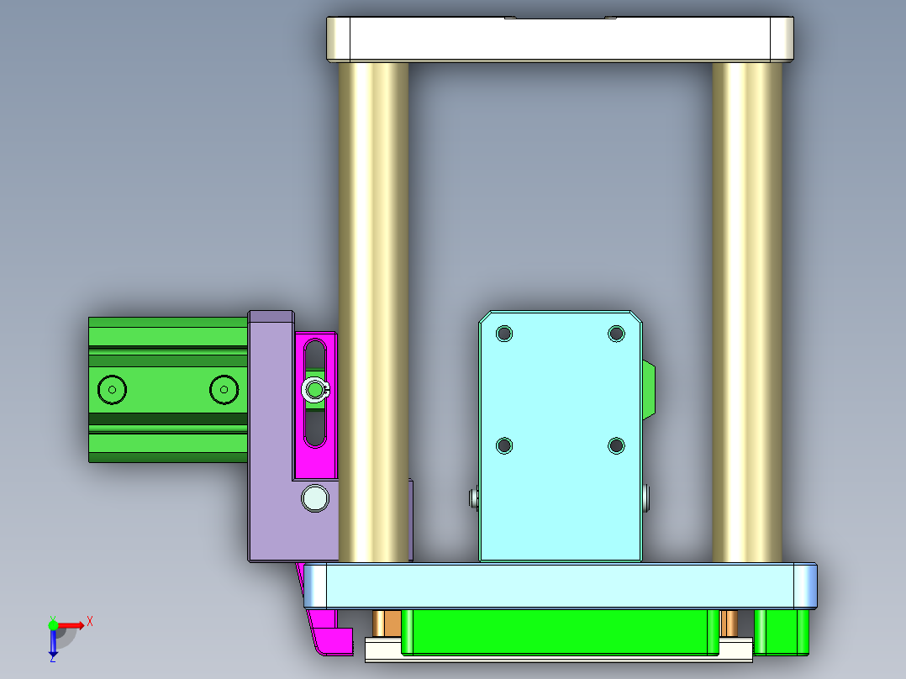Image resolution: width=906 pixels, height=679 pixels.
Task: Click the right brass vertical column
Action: coord(746,252)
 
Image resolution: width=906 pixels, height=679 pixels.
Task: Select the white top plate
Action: coord(559,39)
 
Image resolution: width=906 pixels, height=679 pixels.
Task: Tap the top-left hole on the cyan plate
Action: coord(504,334)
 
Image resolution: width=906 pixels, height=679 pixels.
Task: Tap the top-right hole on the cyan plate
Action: coord(616,334)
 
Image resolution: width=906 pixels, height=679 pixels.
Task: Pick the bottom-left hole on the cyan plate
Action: coord(504,445)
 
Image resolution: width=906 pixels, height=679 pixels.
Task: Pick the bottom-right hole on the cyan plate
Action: coord(616,445)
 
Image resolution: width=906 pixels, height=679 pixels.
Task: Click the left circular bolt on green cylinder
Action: coord(112,389)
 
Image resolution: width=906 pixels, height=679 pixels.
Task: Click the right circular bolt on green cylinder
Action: coord(224,389)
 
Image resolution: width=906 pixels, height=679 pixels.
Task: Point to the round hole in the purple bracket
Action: coord(316,497)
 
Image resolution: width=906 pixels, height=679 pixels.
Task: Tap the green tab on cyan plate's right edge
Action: coord(649,390)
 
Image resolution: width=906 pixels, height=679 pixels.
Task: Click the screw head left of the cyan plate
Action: coord(473,499)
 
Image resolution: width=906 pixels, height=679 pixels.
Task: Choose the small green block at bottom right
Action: coord(782,632)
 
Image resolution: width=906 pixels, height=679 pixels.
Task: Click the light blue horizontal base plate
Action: coord(559,586)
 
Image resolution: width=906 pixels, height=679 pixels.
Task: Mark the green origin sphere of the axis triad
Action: coord(54,624)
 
